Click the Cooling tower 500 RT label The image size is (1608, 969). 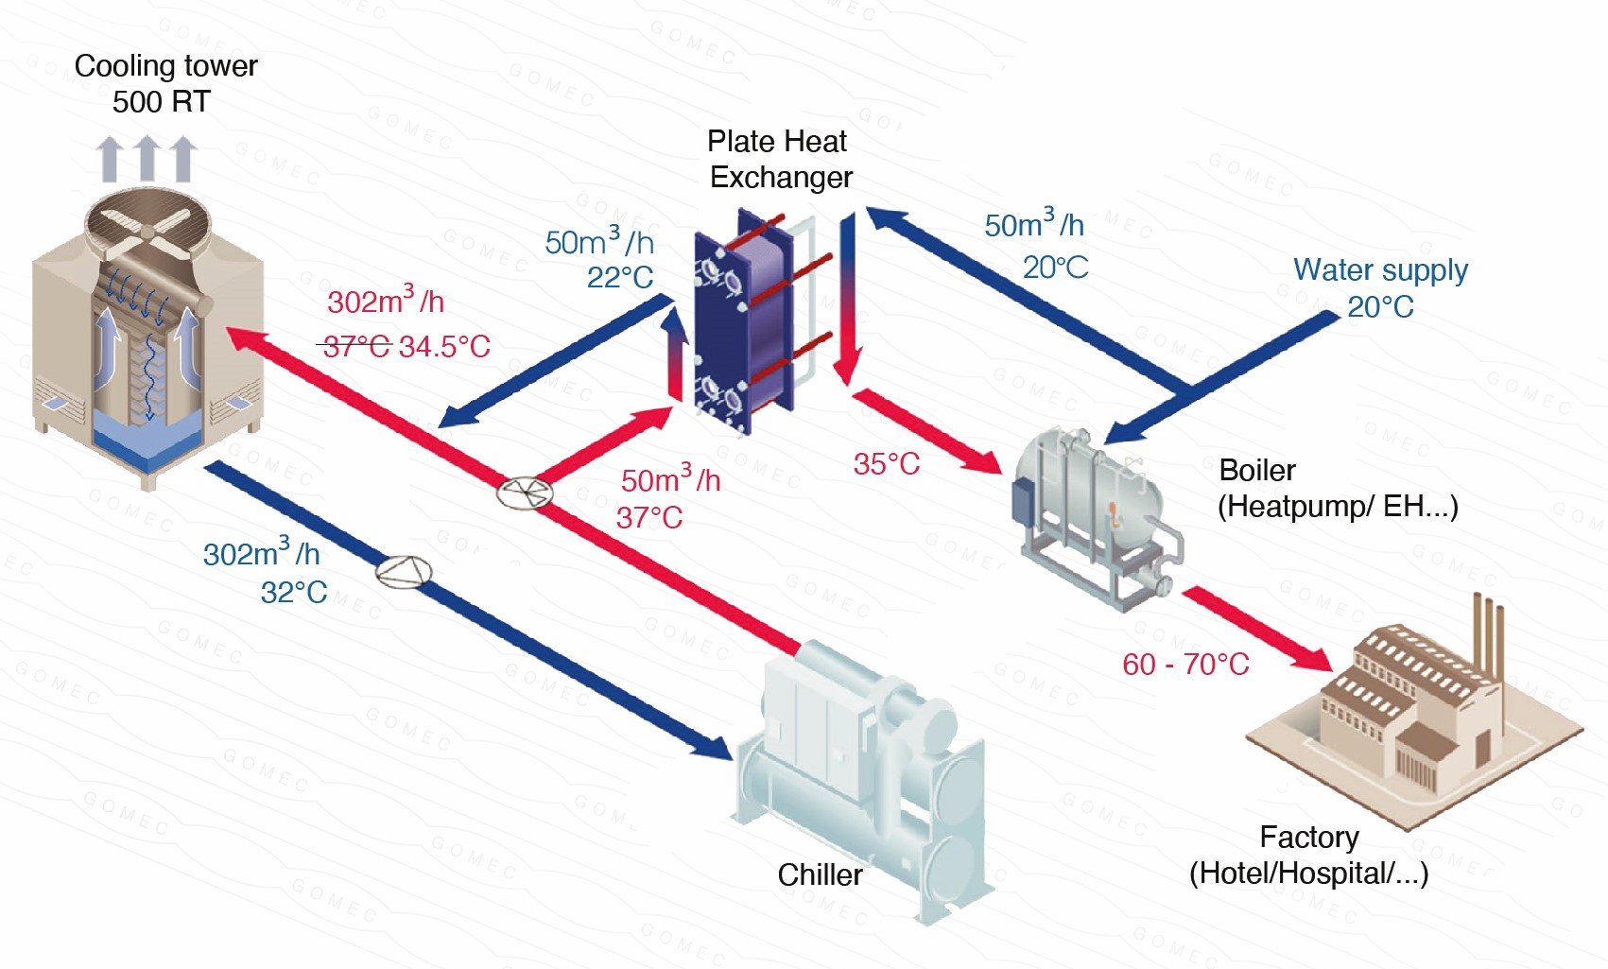click(x=164, y=83)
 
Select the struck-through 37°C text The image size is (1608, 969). click(x=356, y=347)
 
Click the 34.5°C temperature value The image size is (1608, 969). click(x=444, y=347)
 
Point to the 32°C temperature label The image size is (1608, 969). click(x=294, y=593)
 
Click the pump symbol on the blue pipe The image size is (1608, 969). click(x=404, y=572)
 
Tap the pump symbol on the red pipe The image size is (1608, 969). click(x=525, y=493)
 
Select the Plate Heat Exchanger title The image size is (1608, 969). click(x=779, y=159)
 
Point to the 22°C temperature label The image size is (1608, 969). click(x=620, y=278)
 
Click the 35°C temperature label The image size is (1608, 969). click(x=886, y=464)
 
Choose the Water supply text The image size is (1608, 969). click(x=1380, y=270)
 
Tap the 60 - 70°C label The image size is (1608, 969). click(x=1185, y=665)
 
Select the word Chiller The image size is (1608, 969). click(x=820, y=875)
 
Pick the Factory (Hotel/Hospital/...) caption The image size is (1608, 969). click(x=1308, y=856)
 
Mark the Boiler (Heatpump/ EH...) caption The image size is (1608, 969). click(x=1337, y=489)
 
